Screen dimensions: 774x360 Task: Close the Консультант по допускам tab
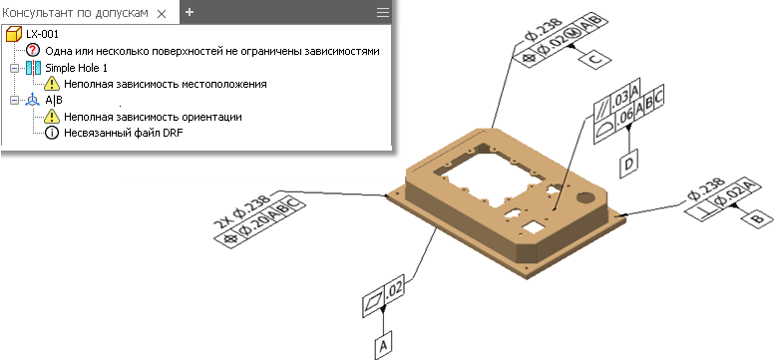click(x=161, y=14)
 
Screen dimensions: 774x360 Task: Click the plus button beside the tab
click(x=190, y=12)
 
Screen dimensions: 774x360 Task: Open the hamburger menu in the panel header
click(x=383, y=13)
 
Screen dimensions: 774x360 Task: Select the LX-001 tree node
click(x=43, y=34)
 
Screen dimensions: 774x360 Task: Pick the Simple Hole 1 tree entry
click(x=76, y=68)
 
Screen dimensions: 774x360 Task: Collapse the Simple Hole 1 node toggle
click(x=15, y=68)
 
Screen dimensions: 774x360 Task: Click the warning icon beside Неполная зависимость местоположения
click(x=52, y=84)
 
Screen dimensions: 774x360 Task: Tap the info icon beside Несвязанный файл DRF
click(x=51, y=133)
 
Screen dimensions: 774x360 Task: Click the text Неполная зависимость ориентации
click(x=153, y=117)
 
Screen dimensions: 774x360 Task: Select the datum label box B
click(x=755, y=216)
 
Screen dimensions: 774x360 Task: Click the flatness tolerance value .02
click(x=393, y=291)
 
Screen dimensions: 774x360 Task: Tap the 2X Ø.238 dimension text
click(x=242, y=212)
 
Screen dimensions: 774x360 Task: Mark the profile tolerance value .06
click(x=623, y=118)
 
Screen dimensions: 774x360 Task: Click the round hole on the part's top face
click(x=585, y=197)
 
